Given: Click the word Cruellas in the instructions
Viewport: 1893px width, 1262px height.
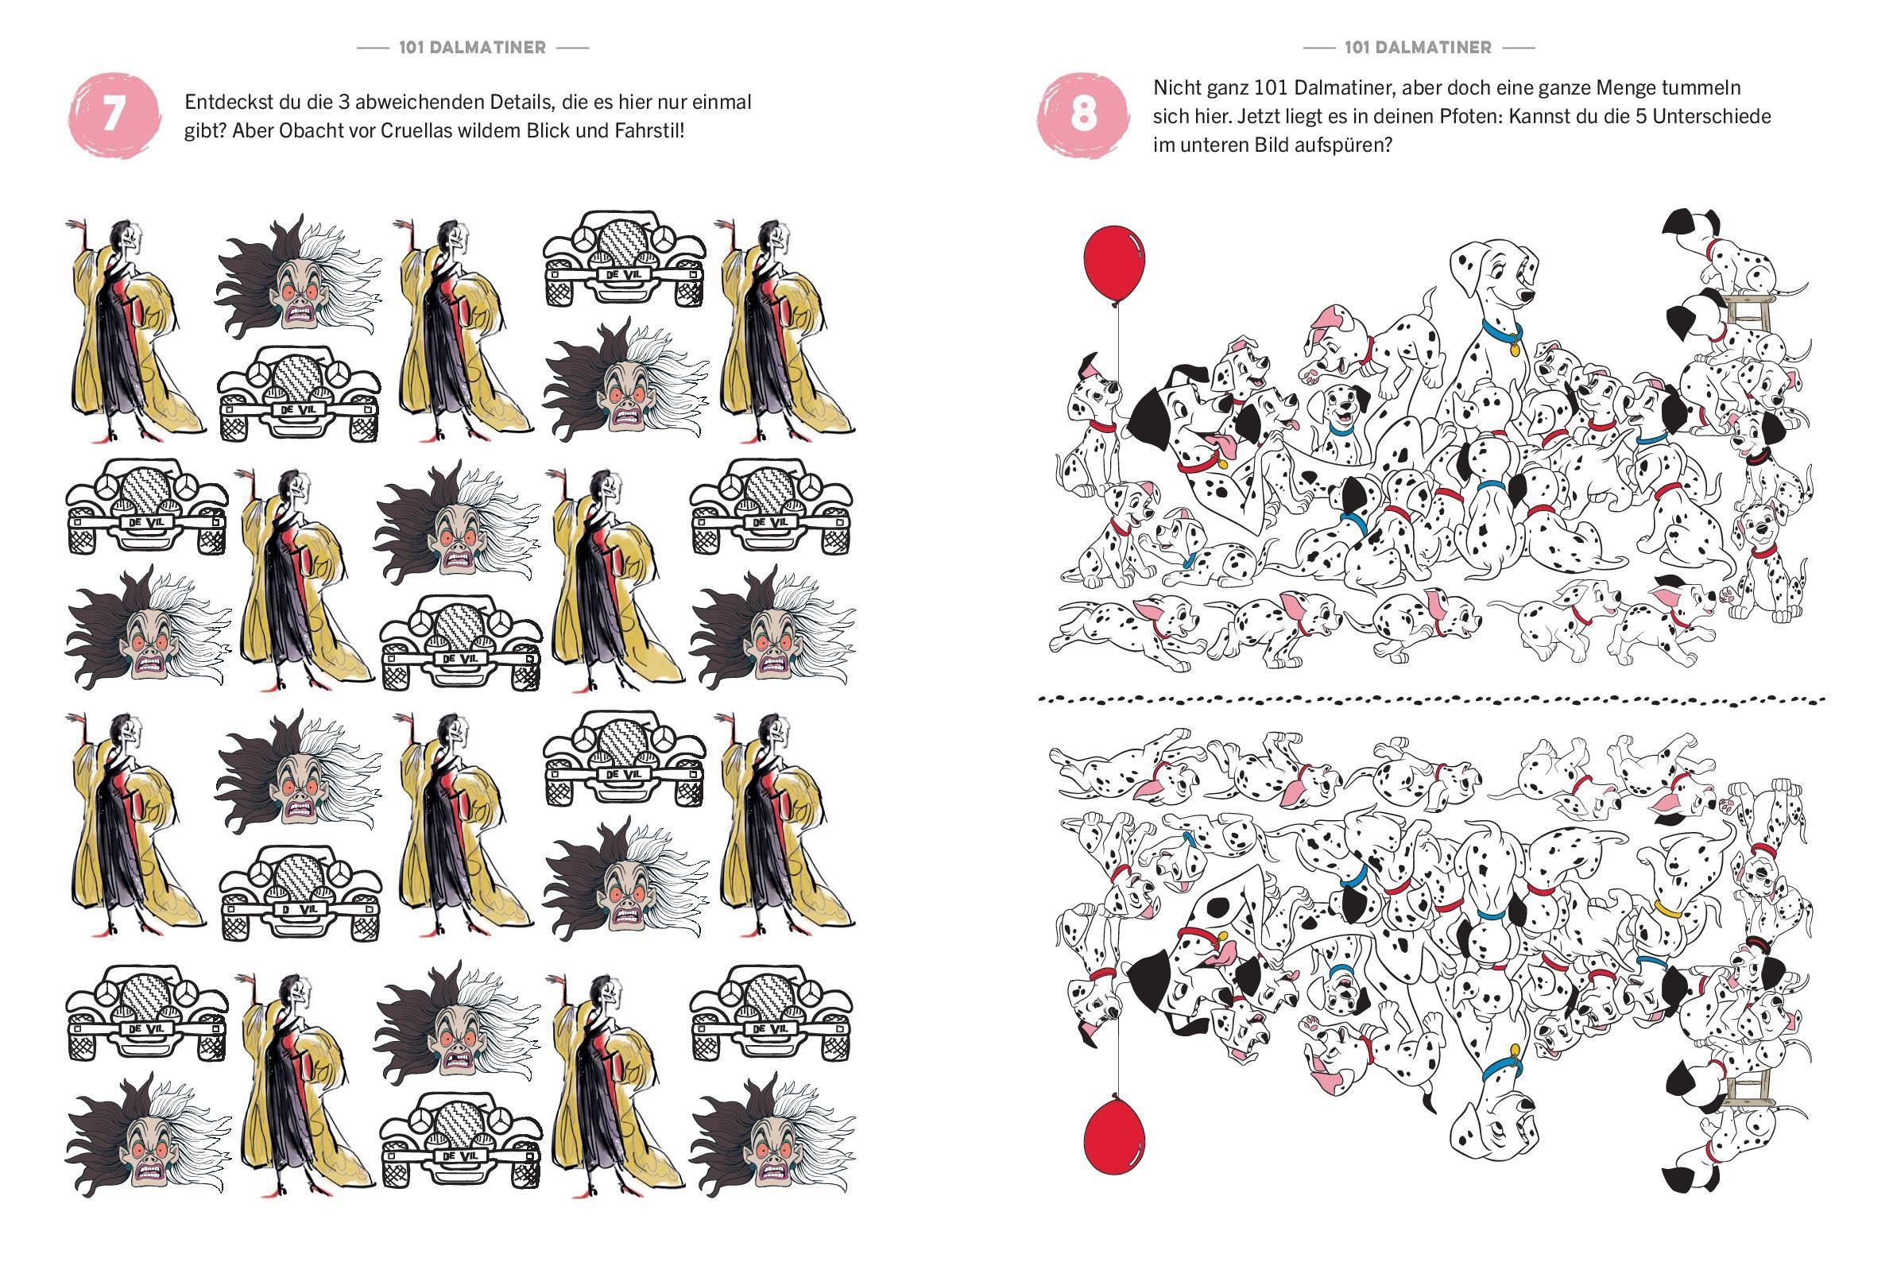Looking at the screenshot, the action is pos(447,130).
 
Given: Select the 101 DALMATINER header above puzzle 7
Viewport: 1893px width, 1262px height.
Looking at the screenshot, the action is pos(472,48).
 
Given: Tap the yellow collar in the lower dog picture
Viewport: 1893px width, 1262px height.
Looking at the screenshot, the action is pos(1668,911).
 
